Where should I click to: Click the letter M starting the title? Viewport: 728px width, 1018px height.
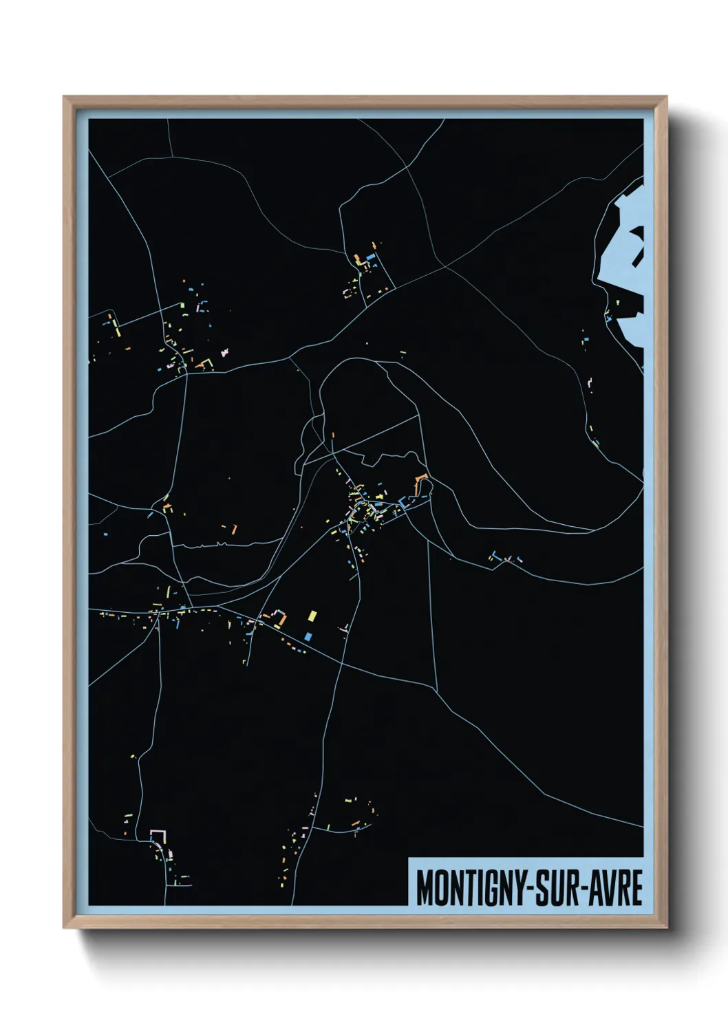pyautogui.click(x=425, y=888)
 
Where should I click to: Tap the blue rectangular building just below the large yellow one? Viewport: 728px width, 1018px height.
pyautogui.click(x=308, y=636)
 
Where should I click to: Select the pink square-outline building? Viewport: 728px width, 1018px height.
pyautogui.click(x=159, y=836)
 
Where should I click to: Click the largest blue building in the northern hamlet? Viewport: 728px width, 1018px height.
pyautogui.click(x=371, y=257)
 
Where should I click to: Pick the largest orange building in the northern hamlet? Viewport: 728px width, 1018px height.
pyautogui.click(x=358, y=260)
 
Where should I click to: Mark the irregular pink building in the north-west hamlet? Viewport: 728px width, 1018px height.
pyautogui.click(x=223, y=354)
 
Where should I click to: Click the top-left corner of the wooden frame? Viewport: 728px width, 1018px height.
pyautogui.click(x=64, y=97)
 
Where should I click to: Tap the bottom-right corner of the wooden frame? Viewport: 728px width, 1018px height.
pyautogui.click(x=666, y=927)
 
